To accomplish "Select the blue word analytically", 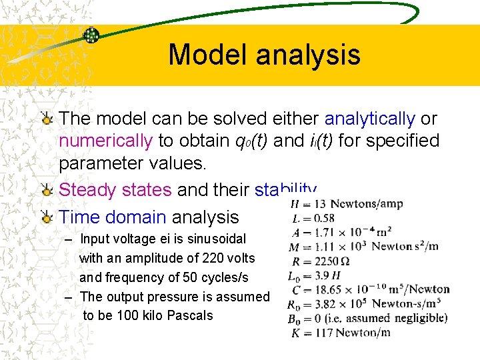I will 369,119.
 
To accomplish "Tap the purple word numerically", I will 106,141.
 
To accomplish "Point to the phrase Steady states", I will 115,190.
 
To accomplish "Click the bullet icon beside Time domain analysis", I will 47,217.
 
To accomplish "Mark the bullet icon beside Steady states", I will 47,190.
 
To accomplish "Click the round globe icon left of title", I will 91,35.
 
